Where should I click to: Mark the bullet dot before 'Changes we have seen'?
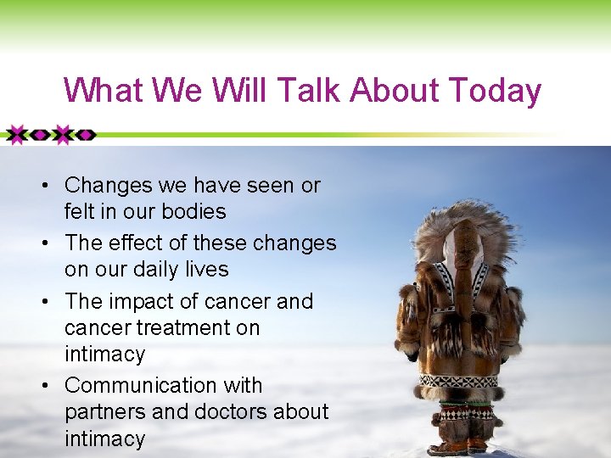click(x=53, y=186)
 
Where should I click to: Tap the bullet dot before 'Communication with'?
click(x=53, y=386)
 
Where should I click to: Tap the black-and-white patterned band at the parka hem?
click(x=458, y=381)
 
